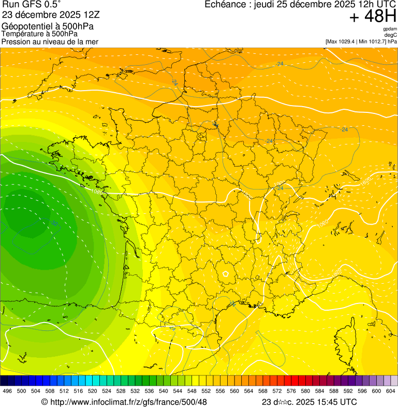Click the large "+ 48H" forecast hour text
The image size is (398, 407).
[373, 17]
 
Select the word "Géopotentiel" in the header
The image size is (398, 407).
[24, 26]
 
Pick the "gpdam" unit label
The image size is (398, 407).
[390, 29]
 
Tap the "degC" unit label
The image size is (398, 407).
[391, 35]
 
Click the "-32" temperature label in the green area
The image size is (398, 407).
[53, 223]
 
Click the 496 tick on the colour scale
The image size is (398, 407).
[7, 391]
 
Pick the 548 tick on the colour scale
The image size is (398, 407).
[191, 391]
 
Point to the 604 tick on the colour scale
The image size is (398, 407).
[390, 391]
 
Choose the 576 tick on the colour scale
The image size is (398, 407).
[291, 391]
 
